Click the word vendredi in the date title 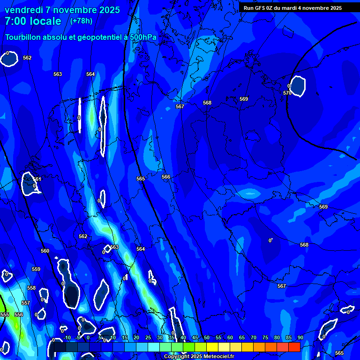pos(24,10)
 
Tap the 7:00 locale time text pos(33,21)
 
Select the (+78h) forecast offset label pos(81,21)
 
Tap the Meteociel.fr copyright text pos(199,357)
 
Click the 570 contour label pos(287,93)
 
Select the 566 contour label pos(166,177)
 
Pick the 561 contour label pos(37,179)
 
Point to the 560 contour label pos(45,251)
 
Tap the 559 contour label pos(36,269)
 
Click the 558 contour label pos(31,288)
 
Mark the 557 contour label pos(26,303)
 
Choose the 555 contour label pos(5,315)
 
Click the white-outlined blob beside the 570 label pos(297,86)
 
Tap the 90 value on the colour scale pos(300,337)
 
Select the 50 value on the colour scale pos(206,337)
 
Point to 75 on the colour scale pos(265,337)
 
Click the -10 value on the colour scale pos(67,337)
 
